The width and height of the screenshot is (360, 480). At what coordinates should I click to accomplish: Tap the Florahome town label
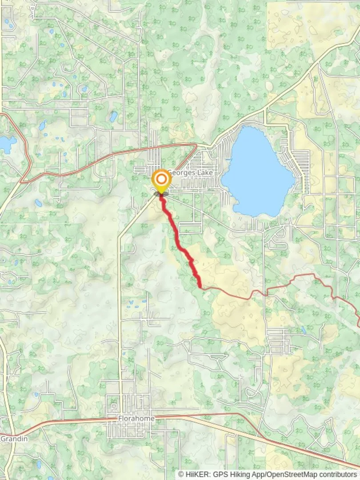(136, 419)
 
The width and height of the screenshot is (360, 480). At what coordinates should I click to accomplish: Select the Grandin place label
(14, 439)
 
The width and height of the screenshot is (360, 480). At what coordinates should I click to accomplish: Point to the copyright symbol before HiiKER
(181, 474)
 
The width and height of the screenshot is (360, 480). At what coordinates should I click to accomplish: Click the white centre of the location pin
(161, 180)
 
